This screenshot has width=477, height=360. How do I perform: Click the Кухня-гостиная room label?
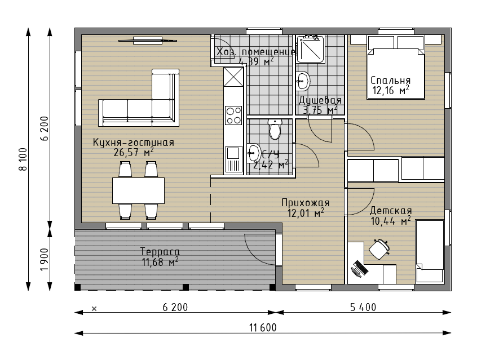(133, 143)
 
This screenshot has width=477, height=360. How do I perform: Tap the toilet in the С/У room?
(275, 129)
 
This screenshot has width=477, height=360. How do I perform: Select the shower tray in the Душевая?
(310, 49)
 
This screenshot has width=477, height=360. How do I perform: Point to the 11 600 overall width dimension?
(263, 328)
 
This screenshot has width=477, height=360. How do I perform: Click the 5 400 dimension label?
(363, 308)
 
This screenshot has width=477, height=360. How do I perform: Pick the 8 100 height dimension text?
(23, 159)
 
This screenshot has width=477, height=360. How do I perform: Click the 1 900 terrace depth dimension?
(45, 259)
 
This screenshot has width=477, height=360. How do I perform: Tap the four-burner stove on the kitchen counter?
(233, 115)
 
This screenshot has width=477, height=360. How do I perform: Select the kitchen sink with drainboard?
(233, 159)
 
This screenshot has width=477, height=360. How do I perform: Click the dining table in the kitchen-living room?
(138, 190)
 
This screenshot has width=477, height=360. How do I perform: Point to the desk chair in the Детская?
(379, 248)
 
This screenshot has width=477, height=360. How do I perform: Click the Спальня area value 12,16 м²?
(391, 90)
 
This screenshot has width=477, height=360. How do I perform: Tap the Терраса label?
(160, 251)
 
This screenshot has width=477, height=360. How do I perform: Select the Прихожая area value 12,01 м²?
(306, 213)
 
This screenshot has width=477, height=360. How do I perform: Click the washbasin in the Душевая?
(303, 81)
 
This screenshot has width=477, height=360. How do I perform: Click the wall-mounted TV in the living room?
(148, 41)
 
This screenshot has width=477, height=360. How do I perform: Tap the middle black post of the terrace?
(185, 287)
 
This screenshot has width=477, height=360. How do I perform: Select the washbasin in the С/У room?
(253, 153)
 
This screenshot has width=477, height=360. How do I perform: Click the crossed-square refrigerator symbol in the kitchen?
(233, 77)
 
